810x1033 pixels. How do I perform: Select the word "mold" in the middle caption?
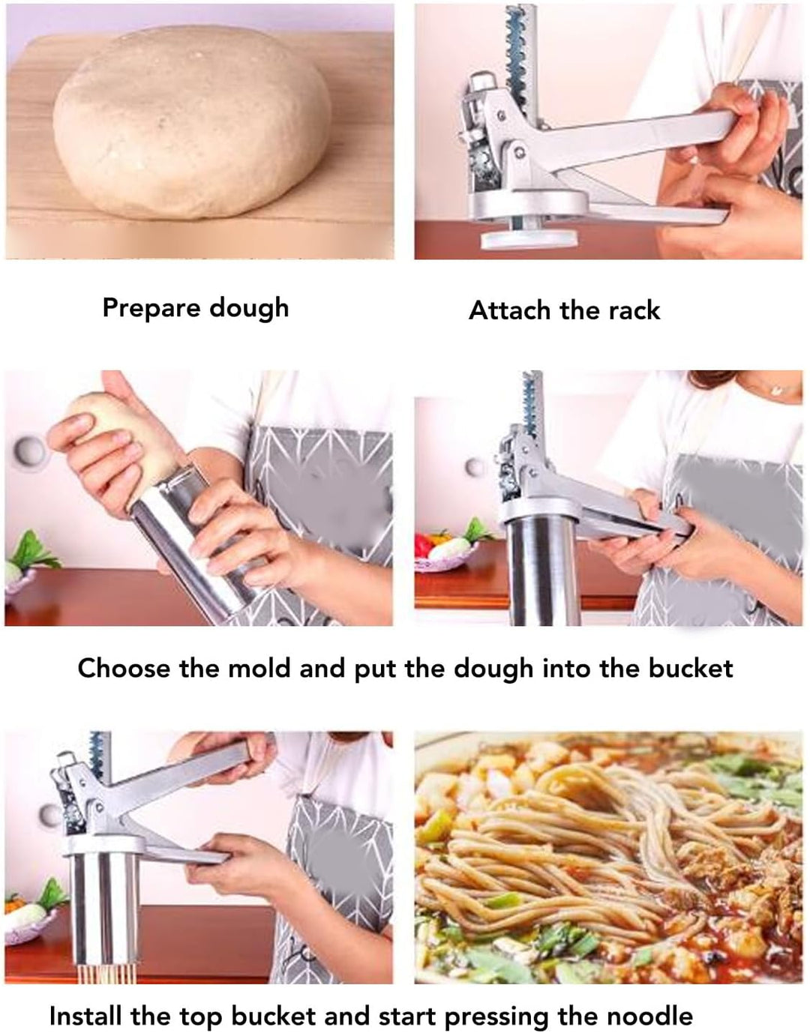[x=259, y=668]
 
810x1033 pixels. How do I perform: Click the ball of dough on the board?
[x=192, y=121]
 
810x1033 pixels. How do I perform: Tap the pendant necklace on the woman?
[x=777, y=389]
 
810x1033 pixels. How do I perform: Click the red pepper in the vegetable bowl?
[x=423, y=544]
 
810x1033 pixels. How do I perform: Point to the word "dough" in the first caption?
[x=249, y=309]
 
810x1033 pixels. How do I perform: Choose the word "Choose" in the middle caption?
[x=124, y=668]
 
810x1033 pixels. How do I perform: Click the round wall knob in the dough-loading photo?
[x=28, y=451]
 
